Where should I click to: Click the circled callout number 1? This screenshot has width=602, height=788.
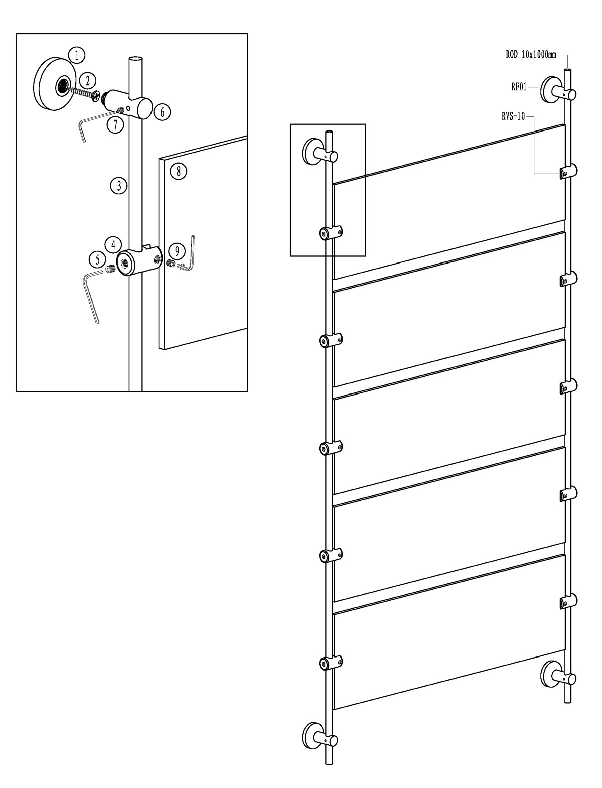(77, 56)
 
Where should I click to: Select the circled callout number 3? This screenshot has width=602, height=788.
(119, 186)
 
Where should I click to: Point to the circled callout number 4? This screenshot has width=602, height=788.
(113, 245)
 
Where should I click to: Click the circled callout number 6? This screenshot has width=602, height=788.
(162, 112)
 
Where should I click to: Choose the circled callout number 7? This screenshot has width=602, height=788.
(115, 124)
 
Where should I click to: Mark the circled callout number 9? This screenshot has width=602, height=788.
(176, 251)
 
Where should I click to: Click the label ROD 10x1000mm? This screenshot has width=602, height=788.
(531, 55)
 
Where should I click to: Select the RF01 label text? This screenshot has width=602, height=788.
(519, 87)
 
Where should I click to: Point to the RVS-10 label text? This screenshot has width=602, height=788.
(513, 116)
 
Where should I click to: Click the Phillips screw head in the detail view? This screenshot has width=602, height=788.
(96, 96)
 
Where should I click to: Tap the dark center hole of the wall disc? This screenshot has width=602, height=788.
(63, 85)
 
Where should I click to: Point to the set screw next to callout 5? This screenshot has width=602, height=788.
(111, 268)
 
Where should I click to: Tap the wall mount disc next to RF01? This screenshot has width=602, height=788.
(549, 90)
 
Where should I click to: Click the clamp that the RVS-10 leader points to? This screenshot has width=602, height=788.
(568, 172)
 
